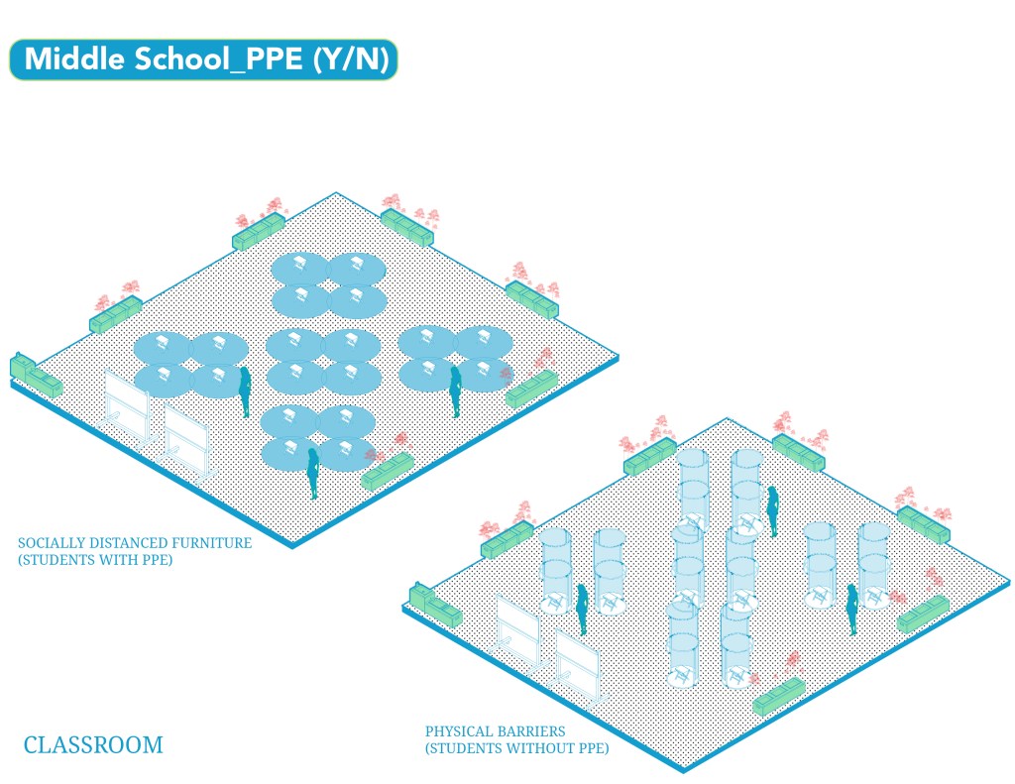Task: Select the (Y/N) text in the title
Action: click(349, 59)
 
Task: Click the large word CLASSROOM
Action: click(92, 744)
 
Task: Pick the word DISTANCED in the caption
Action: click(125, 543)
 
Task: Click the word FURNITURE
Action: click(211, 543)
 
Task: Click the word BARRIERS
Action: click(527, 731)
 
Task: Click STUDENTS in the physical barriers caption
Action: click(470, 748)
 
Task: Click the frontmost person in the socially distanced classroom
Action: click(312, 473)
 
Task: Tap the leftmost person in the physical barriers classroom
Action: click(583, 609)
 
